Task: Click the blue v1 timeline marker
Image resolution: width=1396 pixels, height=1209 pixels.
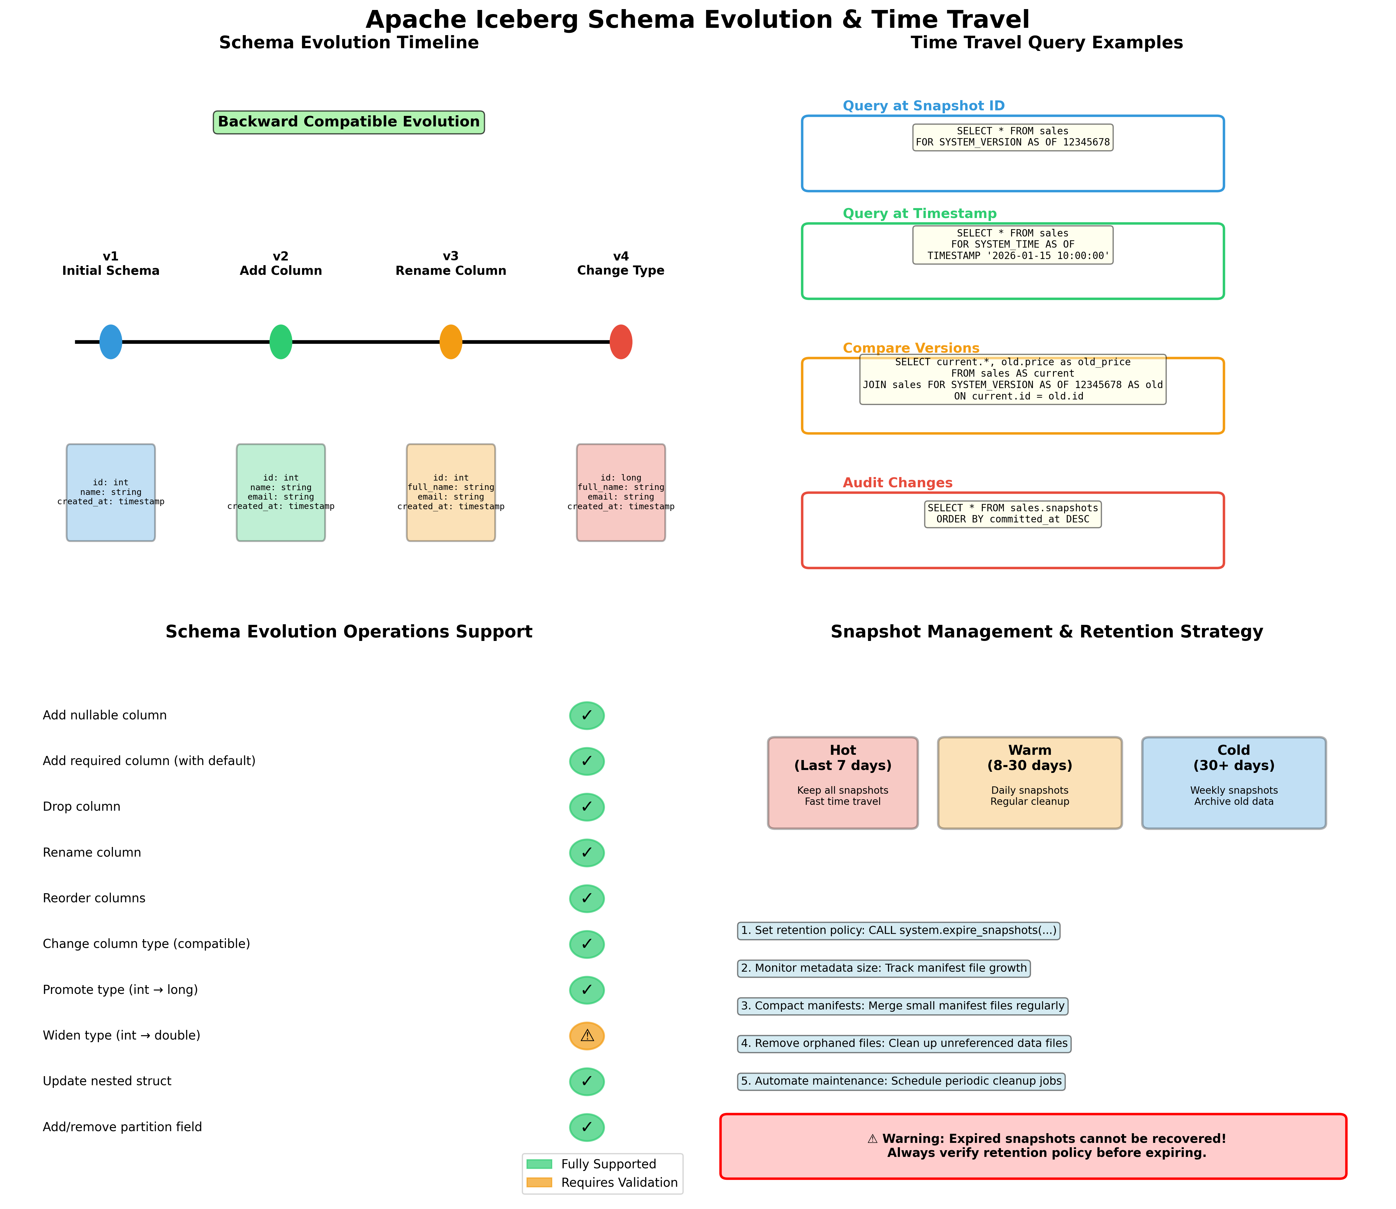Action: point(111,342)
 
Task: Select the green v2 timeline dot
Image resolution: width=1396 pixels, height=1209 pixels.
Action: point(281,342)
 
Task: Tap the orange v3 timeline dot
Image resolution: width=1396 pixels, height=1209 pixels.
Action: point(451,342)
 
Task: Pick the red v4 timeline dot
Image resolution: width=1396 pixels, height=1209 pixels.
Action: point(621,342)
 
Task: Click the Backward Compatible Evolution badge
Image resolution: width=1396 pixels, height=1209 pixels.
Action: point(349,122)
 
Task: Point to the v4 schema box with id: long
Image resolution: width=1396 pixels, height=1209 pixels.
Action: point(621,493)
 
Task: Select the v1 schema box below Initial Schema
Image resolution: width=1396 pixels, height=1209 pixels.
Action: point(111,493)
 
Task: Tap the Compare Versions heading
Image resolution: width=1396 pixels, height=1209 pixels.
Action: point(911,348)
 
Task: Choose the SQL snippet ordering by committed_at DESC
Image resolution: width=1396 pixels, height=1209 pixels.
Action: point(1013,514)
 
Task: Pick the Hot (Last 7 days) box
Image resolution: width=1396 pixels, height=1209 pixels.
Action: point(843,783)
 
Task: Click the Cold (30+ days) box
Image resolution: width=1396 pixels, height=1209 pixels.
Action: point(1233,783)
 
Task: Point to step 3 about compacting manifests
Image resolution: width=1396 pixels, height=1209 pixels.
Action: point(903,1006)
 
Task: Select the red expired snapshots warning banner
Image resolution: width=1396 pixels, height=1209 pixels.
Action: point(1033,1146)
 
